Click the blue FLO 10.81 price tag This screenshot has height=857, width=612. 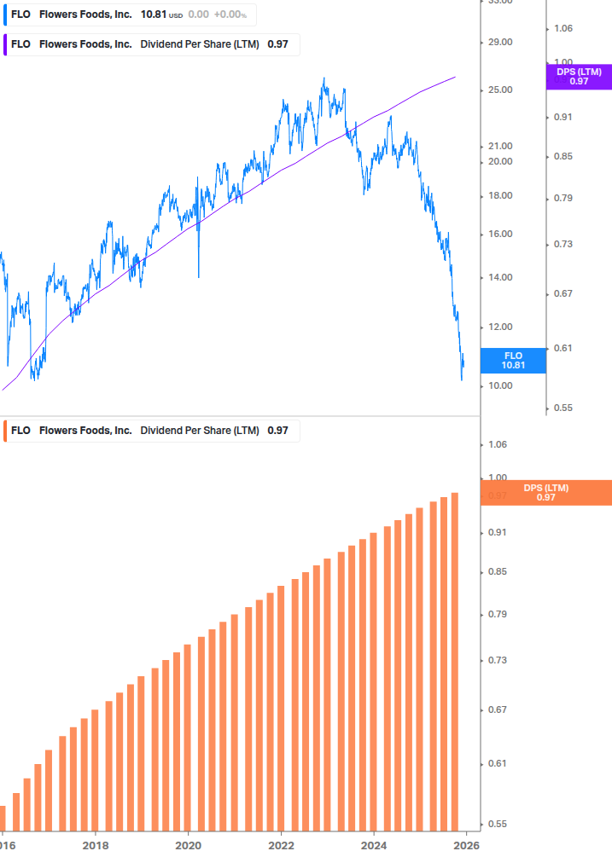pos(513,360)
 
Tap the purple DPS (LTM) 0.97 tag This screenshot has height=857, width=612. pos(579,77)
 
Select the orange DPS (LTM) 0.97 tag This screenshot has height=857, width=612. pos(546,493)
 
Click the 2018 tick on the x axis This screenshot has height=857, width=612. pos(96,845)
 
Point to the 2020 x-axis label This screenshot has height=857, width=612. pos(188,845)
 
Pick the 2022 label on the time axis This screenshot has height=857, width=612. pos(281,845)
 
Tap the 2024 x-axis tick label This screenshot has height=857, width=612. pos(373,845)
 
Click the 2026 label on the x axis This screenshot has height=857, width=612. pos(464,845)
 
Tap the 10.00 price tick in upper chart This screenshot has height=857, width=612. pos(499,386)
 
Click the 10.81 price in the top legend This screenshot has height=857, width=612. pos(154,14)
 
